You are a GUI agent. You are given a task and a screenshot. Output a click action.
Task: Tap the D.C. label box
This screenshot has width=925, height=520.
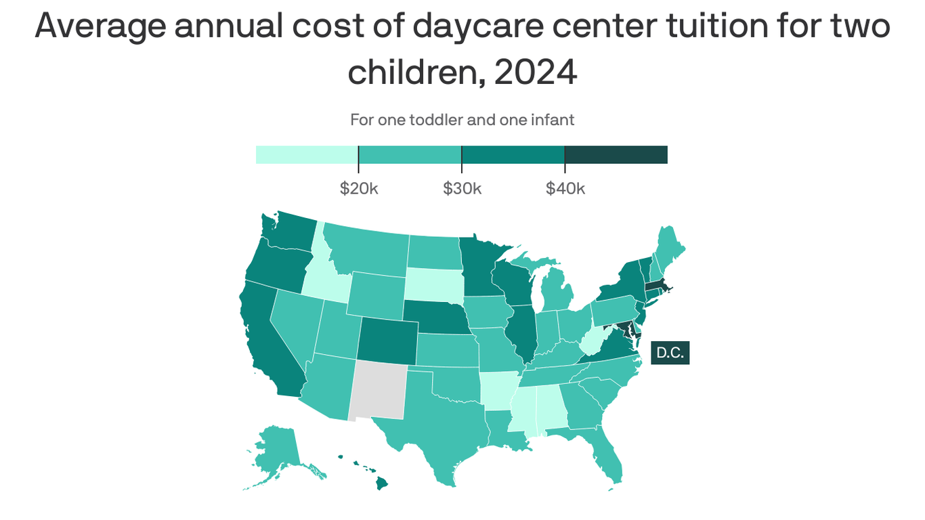point(670,353)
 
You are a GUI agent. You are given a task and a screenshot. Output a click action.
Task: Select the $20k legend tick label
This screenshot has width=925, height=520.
point(359,188)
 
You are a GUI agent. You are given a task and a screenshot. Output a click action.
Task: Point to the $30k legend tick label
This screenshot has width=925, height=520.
point(462,188)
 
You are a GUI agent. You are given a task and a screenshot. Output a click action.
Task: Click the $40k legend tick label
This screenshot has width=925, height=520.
point(565,188)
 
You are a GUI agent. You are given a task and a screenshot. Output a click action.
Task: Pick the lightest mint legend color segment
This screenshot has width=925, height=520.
point(307,154)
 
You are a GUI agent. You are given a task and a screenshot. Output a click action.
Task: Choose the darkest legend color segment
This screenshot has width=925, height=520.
point(616,154)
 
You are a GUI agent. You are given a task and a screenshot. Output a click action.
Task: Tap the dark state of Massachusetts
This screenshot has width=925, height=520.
point(657,288)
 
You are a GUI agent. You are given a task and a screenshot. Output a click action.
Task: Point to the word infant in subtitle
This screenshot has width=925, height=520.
point(553,120)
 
